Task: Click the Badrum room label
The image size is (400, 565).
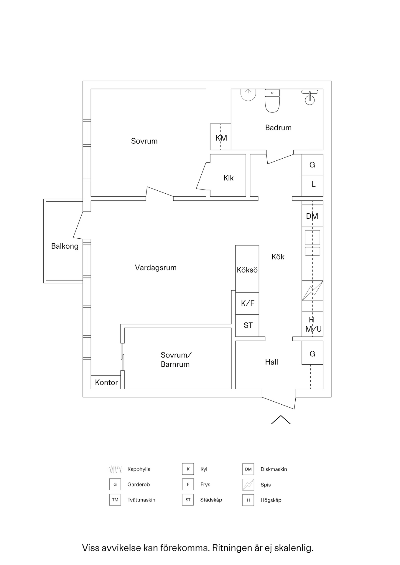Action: [278, 128]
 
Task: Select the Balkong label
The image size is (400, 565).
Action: [65, 246]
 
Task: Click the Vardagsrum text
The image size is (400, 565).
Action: [156, 267]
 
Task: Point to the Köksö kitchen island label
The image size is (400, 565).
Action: [247, 270]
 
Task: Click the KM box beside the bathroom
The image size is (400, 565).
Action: [221, 137]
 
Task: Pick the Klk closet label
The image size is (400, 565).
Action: [228, 178]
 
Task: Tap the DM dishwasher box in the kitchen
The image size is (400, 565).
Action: [312, 216]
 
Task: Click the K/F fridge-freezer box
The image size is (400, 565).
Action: [247, 303]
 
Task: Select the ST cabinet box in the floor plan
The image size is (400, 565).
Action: [248, 325]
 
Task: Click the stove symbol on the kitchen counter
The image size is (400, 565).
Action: [312, 291]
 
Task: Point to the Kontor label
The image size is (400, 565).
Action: [106, 382]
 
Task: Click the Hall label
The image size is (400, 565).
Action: [271, 362]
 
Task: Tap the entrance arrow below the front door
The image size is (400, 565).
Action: [281, 420]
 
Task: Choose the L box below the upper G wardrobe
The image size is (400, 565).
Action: [313, 185]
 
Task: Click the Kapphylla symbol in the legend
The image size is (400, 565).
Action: [115, 469]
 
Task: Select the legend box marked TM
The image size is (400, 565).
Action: [115, 500]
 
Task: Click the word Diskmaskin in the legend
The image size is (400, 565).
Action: [274, 469]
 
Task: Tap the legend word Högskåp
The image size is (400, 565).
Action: [271, 500]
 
